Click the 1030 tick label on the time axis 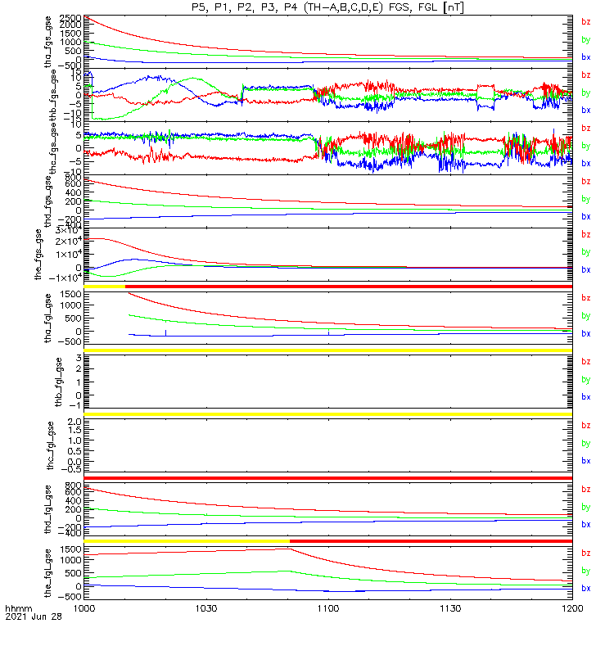tap(205, 609)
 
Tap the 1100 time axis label tap(327, 609)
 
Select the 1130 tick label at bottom tap(450, 609)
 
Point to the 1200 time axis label tap(571, 609)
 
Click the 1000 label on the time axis tap(84, 609)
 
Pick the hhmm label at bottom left tap(18, 609)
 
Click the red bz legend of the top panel tap(585, 22)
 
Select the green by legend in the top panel tap(585, 39)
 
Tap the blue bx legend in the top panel tap(585, 57)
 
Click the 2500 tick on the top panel tap(70, 18)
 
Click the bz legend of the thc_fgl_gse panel tap(585, 425)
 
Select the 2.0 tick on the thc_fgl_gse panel tap(72, 421)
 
